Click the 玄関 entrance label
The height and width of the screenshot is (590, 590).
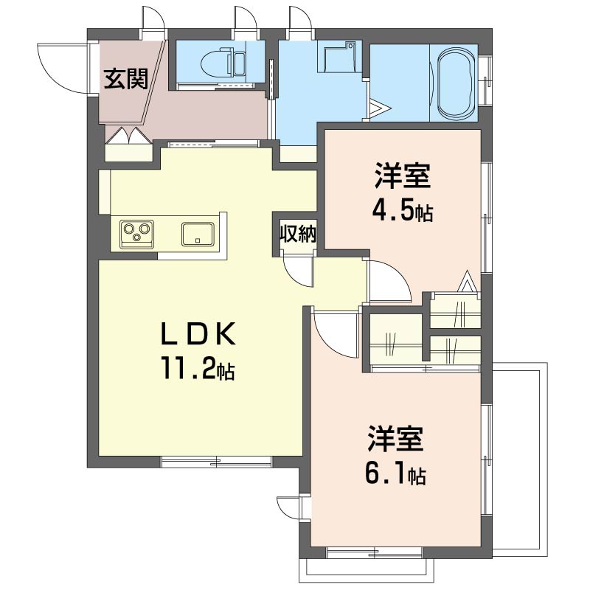(x=125, y=79)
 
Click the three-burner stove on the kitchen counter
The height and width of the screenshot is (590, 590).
(x=137, y=235)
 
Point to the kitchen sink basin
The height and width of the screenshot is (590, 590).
(x=198, y=234)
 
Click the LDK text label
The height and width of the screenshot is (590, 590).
(x=198, y=334)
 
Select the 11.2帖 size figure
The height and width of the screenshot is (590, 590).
(x=198, y=368)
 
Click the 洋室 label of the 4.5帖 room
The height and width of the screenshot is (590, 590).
(x=403, y=176)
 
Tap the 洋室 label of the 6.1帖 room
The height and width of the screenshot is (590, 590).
(x=396, y=439)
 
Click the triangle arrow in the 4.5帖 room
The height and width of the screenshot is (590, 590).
(x=467, y=281)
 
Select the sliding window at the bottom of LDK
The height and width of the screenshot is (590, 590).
(x=216, y=462)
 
